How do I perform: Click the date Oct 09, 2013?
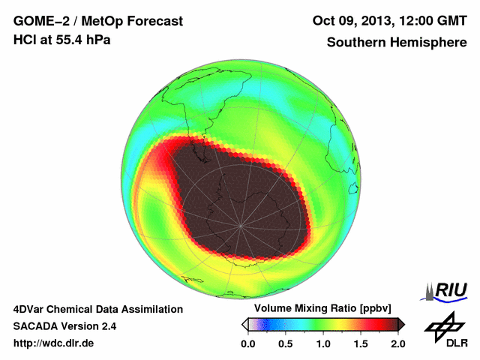(x=347, y=21)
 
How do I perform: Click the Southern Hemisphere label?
(x=397, y=43)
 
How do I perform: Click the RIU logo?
(x=446, y=290)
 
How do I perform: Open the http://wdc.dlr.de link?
(x=54, y=343)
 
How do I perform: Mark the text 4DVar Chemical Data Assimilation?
(x=98, y=309)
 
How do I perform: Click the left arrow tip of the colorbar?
(x=244, y=324)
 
